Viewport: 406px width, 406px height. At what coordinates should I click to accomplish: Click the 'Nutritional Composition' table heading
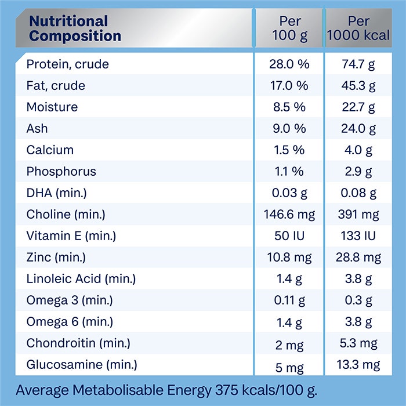75,28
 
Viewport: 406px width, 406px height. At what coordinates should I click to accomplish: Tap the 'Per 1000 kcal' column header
358,28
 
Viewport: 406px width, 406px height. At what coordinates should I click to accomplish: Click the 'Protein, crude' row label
67,64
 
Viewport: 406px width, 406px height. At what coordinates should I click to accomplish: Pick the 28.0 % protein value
289,64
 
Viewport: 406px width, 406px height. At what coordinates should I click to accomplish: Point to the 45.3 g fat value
358,86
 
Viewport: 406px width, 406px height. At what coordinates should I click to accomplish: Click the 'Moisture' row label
52,107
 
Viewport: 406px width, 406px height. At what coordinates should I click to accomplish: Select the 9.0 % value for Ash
289,128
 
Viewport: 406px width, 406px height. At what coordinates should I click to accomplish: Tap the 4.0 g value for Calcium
358,150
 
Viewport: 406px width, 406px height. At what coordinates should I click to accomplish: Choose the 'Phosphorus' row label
61,172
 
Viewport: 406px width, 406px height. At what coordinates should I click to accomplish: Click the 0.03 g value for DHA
289,193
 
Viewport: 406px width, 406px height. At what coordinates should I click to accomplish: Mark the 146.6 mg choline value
289,215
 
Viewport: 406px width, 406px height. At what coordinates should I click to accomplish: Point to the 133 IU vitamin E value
358,236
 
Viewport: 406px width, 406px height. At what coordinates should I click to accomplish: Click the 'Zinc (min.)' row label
57,258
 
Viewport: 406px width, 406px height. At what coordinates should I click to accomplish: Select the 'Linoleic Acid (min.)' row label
81,279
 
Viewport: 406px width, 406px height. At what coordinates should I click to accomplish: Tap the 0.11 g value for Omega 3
289,300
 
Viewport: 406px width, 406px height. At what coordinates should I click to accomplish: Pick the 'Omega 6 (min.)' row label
70,322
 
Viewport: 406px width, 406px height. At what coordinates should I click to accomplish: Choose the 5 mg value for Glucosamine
289,366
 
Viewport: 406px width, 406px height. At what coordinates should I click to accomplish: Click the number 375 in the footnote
229,390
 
